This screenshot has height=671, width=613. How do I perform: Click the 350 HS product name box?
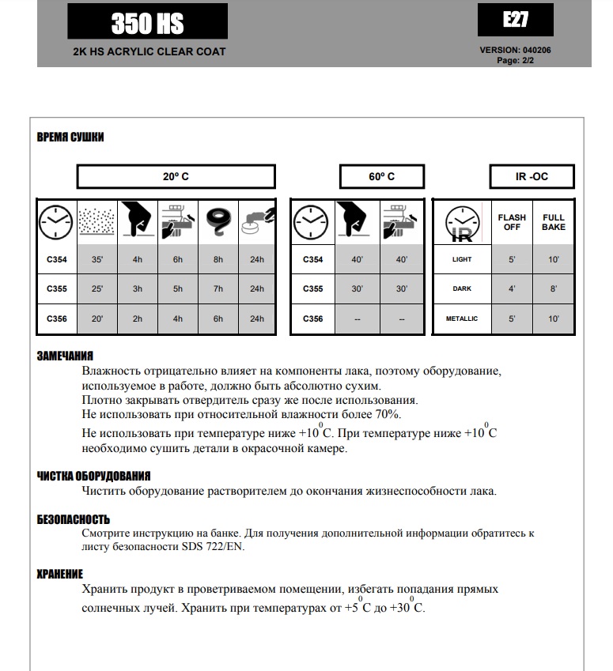click(x=147, y=22)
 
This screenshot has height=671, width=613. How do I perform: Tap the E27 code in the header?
click(x=516, y=20)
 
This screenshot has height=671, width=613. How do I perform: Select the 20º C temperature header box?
click(x=176, y=176)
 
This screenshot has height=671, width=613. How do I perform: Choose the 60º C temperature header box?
click(x=381, y=176)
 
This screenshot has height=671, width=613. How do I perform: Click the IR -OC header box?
click(x=531, y=176)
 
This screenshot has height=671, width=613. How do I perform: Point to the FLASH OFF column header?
click(x=512, y=222)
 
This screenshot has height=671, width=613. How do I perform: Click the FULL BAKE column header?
click(x=554, y=222)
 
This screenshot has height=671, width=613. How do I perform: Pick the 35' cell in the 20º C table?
click(x=97, y=258)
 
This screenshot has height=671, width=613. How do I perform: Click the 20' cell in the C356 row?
click(x=97, y=319)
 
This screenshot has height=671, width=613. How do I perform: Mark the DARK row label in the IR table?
click(x=462, y=288)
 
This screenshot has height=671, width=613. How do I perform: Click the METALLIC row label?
click(x=462, y=319)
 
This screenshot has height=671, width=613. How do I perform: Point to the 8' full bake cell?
click(x=554, y=288)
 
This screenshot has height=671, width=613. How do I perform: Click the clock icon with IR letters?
click(x=462, y=223)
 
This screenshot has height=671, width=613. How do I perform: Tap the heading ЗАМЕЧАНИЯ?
click(x=66, y=356)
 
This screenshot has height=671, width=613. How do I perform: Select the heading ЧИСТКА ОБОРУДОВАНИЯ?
click(x=93, y=476)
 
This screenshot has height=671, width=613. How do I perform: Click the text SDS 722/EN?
click(x=215, y=547)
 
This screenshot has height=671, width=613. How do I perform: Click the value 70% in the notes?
click(x=388, y=414)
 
